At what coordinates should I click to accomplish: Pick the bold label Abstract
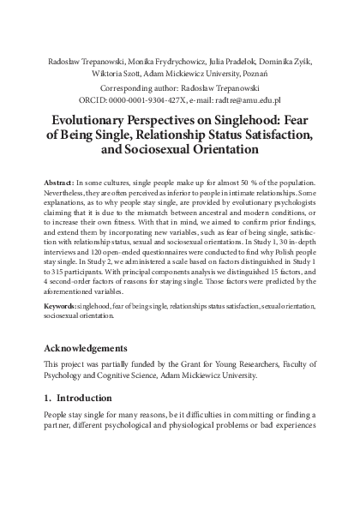click(x=57, y=184)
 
